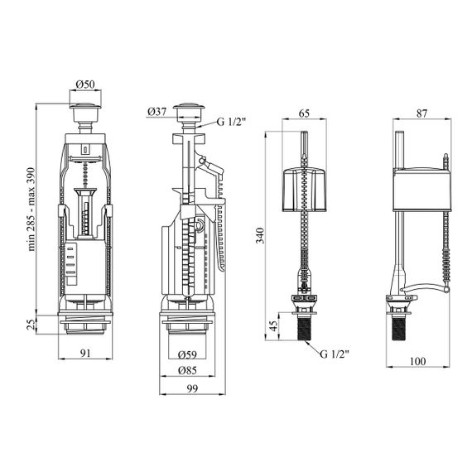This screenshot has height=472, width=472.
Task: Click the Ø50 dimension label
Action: pos(85,84)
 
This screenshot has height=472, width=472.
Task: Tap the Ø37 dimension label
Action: pos(157,112)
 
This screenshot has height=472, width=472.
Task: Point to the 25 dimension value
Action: pos(31,325)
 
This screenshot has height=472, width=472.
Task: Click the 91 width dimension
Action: pos(85,353)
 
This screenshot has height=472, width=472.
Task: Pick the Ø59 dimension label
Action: pos(187,354)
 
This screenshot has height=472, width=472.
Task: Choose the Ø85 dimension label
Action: pos(187,370)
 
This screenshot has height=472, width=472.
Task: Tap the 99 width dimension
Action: pos(192,388)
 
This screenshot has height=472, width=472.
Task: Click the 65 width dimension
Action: pos(305,113)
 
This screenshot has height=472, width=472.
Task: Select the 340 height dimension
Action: pos(260,236)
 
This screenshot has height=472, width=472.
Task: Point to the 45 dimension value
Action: pos(273,326)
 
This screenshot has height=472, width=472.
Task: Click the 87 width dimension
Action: pos(421,113)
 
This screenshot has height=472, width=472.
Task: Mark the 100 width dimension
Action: pos(418,361)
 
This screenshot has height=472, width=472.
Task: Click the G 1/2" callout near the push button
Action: pos(232,122)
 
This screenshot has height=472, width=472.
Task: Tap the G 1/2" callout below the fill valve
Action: pos(335,354)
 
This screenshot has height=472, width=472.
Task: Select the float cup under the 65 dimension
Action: pos(305,190)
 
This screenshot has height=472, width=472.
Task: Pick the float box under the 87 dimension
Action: pos(422,190)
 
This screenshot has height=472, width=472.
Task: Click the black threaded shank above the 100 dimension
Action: pos(399,329)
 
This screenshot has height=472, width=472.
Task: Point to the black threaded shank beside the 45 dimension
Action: pos(305,329)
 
